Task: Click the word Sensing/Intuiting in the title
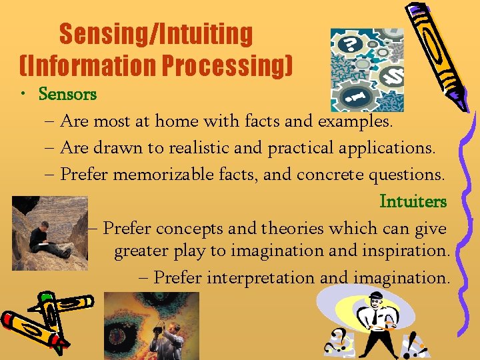point(155,34)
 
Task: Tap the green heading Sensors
point(67,94)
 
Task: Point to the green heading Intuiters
point(413,201)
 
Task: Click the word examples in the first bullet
point(355,122)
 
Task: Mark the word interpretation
point(261,277)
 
